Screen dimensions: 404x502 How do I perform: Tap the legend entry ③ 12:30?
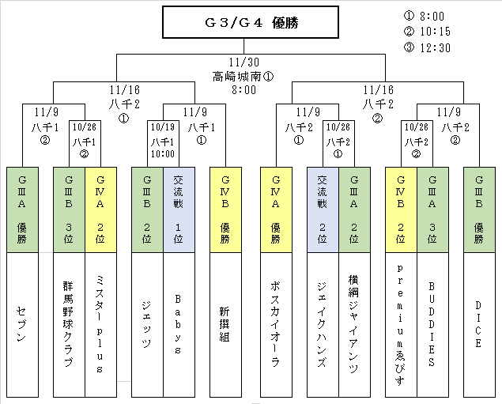coord(426,47)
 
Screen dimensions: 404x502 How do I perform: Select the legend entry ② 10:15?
coord(426,31)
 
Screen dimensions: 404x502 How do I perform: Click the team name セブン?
coord(21,327)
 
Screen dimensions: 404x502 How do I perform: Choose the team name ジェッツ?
coord(147,327)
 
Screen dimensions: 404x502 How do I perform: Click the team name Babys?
coord(179,327)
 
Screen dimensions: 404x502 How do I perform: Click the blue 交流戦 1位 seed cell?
coord(179,210)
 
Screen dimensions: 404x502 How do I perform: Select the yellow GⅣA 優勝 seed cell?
coord(275,210)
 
